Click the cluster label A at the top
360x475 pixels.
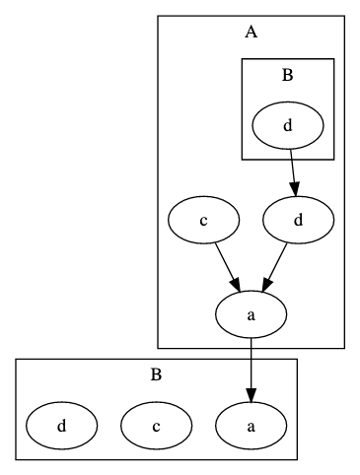click(251, 33)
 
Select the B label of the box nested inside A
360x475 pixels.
click(287, 75)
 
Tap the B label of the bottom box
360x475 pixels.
click(156, 375)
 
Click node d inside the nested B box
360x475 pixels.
click(287, 126)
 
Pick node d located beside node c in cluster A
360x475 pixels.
click(298, 221)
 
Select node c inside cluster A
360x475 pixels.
click(203, 221)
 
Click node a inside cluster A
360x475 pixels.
click(251, 315)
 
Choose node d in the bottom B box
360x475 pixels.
click(61, 427)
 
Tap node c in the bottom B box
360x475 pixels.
click(156, 427)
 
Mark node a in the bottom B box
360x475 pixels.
click(251, 427)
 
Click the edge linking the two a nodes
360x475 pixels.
click(251, 365)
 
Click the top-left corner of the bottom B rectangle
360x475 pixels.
click(16, 360)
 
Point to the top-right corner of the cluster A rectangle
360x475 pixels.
click(344, 16)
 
